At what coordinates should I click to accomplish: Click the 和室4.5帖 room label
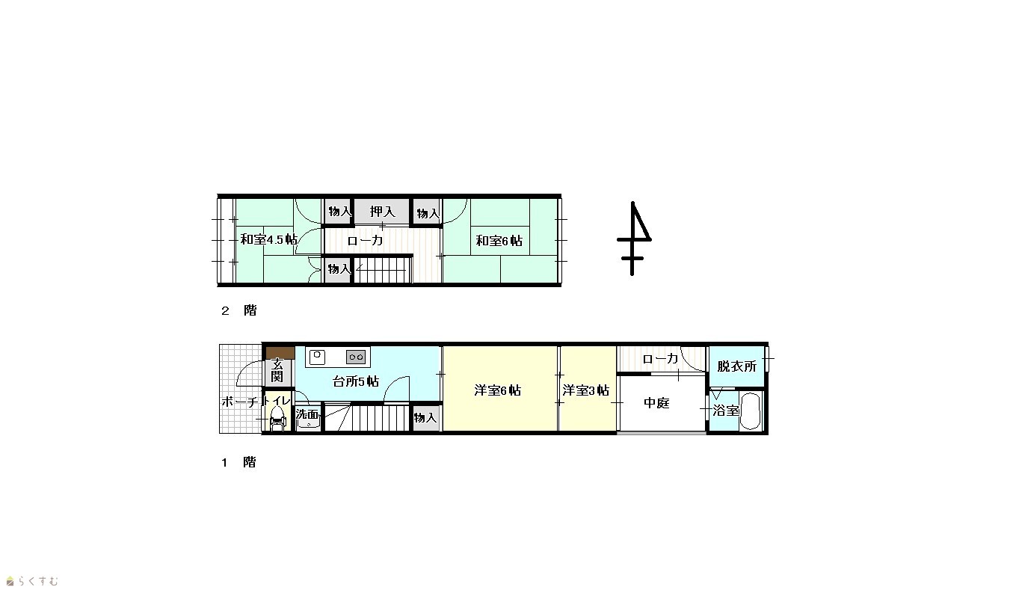pyautogui.click(x=268, y=239)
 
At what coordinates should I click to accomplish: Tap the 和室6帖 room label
pyautogui.click(x=499, y=240)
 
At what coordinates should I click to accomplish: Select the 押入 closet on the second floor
pyautogui.click(x=382, y=212)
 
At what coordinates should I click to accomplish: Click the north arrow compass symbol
pyautogui.click(x=633, y=239)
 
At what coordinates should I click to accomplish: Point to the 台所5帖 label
pyautogui.click(x=355, y=381)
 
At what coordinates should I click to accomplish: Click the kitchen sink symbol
pyautogui.click(x=317, y=357)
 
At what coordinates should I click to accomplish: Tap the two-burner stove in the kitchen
pyautogui.click(x=356, y=357)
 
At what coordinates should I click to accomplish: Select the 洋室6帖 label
pyautogui.click(x=497, y=390)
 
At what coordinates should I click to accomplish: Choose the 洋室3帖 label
pyautogui.click(x=585, y=390)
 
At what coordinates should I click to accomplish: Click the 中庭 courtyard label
pyautogui.click(x=656, y=403)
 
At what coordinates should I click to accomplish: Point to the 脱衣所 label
pyautogui.click(x=736, y=366)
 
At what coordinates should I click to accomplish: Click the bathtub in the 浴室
pyautogui.click(x=751, y=411)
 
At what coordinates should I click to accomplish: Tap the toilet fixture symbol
pyautogui.click(x=277, y=420)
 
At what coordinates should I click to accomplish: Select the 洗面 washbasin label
pyautogui.click(x=307, y=414)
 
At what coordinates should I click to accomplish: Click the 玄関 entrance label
pyautogui.click(x=277, y=370)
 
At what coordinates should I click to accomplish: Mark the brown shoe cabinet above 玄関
pyautogui.click(x=280, y=352)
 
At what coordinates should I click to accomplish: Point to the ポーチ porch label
pyautogui.click(x=240, y=402)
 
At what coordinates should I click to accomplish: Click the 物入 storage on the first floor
pyautogui.click(x=425, y=417)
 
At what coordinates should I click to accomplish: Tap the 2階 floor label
pyautogui.click(x=238, y=310)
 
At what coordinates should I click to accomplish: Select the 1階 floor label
pyautogui.click(x=238, y=462)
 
